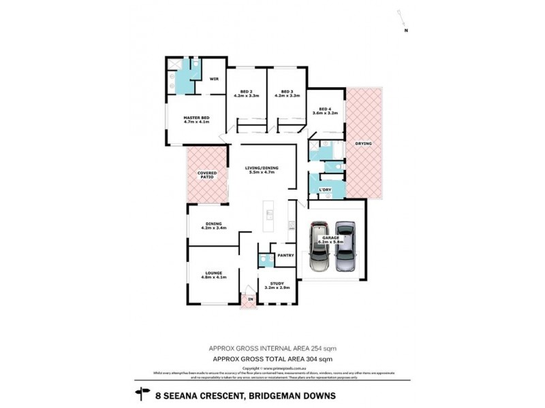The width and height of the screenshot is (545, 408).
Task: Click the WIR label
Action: tap(213, 79)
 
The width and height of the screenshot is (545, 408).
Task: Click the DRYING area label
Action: tap(363, 143)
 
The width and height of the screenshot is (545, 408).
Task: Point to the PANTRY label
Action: tap(285, 256)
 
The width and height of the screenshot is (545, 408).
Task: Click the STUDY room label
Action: tap(276, 285)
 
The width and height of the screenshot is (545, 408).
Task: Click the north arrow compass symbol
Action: tap(405, 23)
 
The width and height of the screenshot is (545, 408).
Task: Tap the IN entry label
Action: tap(250, 299)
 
